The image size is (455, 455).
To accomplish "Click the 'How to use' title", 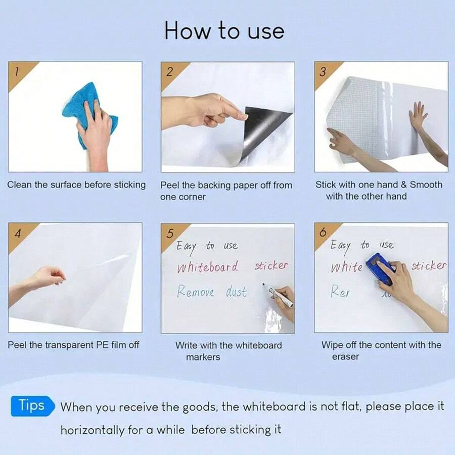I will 224,31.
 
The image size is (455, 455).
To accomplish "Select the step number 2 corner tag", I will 170,71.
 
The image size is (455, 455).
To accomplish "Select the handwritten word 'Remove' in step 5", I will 196,292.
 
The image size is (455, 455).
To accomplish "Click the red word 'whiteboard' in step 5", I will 207,267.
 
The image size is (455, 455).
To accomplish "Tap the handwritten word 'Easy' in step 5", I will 186,247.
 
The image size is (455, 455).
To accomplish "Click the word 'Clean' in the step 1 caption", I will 19,185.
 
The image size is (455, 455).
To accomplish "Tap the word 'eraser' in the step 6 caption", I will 345,357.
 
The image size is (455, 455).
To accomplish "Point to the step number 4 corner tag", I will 18,234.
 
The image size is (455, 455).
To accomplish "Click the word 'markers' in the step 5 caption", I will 203,357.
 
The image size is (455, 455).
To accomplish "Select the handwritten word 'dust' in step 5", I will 236,292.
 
